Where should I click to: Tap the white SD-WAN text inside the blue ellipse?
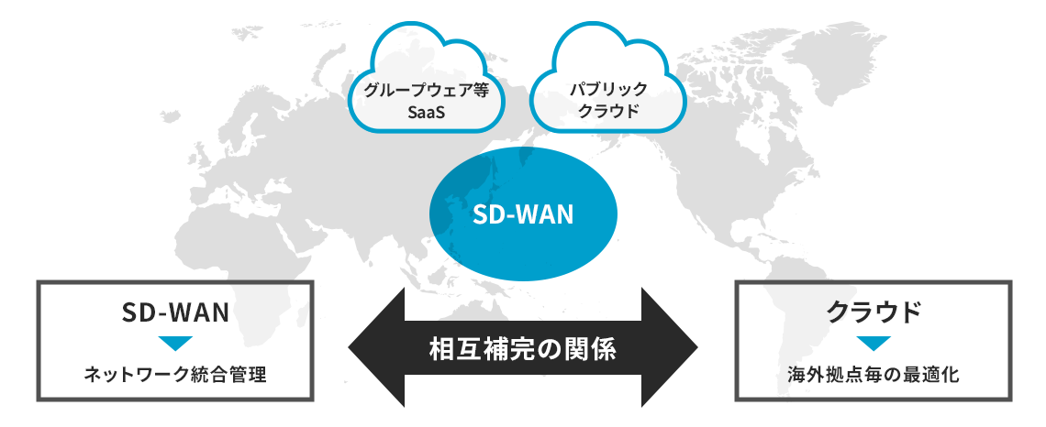coord(523,215)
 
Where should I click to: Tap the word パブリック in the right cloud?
coord(608,90)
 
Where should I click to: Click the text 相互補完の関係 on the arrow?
coord(523,348)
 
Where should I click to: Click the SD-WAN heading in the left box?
coord(174,312)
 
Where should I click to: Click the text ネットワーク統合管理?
coord(174,375)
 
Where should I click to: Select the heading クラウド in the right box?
coord(874,312)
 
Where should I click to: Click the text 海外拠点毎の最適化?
coord(874,375)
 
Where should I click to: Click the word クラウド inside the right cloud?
coord(608,112)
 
